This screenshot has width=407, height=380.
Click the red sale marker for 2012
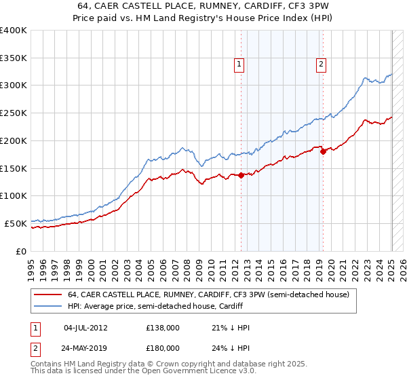click(241, 175)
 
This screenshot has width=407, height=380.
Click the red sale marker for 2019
click(324, 151)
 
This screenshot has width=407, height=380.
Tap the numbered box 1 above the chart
click(239, 65)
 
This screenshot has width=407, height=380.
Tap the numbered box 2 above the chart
click(320, 65)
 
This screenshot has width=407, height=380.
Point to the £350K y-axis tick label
click(14, 58)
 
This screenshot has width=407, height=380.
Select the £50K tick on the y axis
click(16, 223)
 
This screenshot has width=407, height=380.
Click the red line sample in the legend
click(48, 294)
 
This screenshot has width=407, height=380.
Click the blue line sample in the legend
click(48, 306)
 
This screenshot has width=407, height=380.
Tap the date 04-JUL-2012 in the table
click(85, 327)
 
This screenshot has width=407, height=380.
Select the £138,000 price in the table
click(163, 327)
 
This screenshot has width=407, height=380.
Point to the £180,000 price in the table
click(163, 347)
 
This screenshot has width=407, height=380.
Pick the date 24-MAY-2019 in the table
click(85, 347)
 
